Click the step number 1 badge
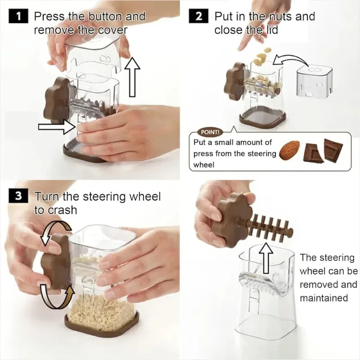[18, 16]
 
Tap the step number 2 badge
[198, 16]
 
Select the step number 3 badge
[18, 196]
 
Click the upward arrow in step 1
[132, 77]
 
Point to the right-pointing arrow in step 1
[57, 126]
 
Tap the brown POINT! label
[210, 132]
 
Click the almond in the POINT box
[289, 150]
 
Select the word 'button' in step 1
[105, 17]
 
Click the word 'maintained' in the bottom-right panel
[324, 298]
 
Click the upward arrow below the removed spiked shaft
[266, 258]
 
